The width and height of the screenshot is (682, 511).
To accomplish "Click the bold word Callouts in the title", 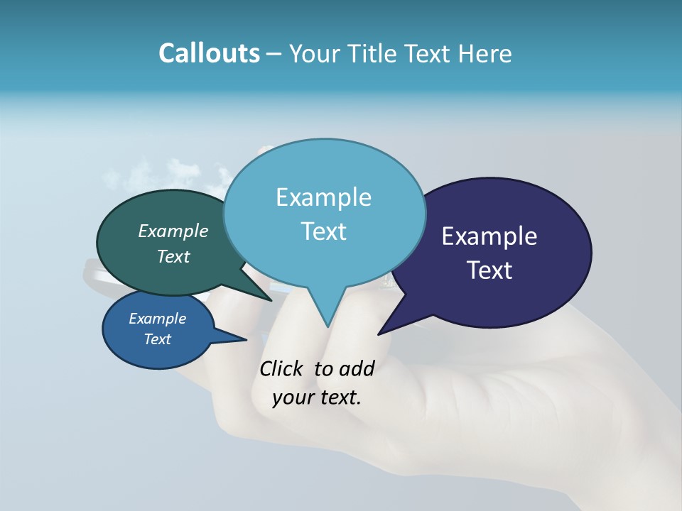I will point(209,53).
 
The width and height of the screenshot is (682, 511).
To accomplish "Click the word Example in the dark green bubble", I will point(173,231).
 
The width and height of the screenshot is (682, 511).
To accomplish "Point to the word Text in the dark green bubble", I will point(173,256).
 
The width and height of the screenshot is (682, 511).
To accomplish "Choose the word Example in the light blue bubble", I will point(323,197).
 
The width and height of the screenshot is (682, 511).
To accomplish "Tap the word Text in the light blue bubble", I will point(323,231).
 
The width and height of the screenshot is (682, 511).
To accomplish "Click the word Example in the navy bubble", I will point(489,236).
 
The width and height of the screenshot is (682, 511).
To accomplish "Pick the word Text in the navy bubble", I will point(489,270).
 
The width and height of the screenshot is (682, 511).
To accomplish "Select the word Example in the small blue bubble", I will point(157,319).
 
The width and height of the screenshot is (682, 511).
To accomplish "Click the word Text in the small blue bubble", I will point(157,339).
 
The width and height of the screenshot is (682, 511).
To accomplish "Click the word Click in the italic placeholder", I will point(282,368).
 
